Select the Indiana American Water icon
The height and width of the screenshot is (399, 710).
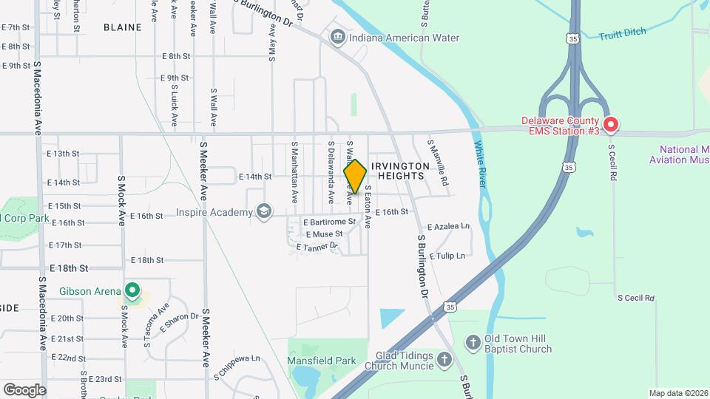(338, 37)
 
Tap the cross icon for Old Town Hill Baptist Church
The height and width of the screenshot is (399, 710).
(473, 343)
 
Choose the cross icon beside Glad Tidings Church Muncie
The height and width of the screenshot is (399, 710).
(444, 360)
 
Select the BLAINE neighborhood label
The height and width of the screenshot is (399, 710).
(122, 27)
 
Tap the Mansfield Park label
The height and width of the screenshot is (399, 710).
(321, 361)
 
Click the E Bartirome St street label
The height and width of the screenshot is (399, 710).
(330, 222)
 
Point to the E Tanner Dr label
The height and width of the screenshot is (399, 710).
(317, 247)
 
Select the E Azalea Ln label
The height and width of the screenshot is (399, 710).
(448, 226)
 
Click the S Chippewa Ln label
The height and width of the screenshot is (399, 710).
(237, 359)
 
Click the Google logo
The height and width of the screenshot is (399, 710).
(24, 390)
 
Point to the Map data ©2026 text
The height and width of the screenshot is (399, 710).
(678, 393)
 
